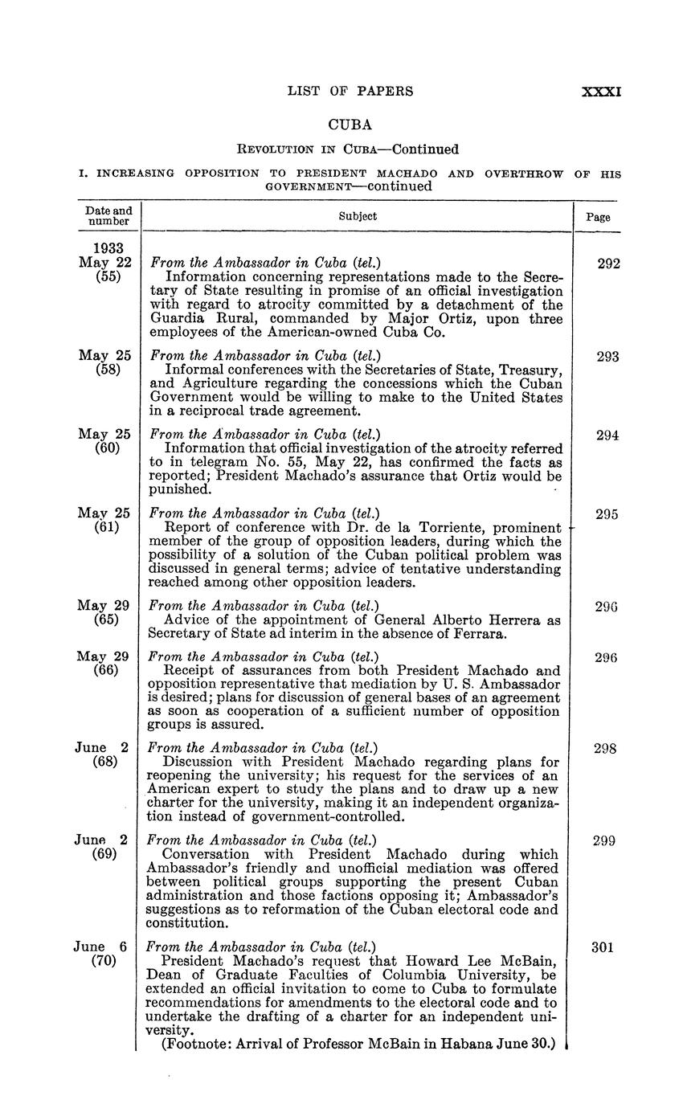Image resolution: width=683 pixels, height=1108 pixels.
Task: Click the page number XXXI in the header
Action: pos(601,92)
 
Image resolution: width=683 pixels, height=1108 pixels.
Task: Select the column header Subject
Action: pos(358,216)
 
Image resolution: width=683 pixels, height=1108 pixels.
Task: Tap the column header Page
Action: pos(598,217)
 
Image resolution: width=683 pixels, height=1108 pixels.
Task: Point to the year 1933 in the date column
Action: pos(108,248)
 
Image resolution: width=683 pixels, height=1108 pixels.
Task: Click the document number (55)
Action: pos(108,276)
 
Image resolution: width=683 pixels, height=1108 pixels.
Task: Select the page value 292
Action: pos(607,263)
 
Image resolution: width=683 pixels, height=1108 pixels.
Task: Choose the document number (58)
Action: pos(108,369)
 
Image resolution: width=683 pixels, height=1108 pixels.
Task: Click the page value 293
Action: pos(607,356)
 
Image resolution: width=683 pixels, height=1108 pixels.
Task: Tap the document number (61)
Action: pos(108,527)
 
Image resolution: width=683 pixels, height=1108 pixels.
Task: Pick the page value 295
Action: pos(607,513)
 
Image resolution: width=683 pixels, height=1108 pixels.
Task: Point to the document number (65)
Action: pos(108,619)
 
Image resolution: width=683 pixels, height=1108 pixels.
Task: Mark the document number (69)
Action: pos(108,854)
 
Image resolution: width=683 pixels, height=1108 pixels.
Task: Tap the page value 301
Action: pos(603,947)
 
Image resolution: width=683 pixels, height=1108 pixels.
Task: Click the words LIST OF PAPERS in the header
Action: pos(350,92)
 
